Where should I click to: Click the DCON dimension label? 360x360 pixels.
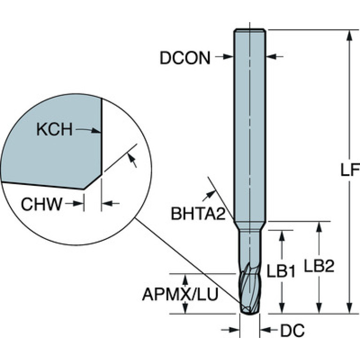185,58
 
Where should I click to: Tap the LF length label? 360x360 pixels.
350,170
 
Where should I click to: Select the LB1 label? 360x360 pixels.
281,271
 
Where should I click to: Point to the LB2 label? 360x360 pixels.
319,266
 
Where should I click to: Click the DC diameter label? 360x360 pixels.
292,331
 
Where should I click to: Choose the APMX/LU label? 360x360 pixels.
180,294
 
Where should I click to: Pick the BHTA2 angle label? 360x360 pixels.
199,214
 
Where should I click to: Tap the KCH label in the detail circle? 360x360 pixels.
54,129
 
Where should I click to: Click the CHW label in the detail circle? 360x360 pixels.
42,204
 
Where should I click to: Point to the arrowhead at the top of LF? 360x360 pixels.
349,35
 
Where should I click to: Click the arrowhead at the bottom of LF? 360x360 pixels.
349,307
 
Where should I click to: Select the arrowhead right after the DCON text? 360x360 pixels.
228,56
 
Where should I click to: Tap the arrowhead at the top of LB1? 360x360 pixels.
282,236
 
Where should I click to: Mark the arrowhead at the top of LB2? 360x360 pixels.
319,227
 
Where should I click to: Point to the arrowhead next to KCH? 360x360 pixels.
96,130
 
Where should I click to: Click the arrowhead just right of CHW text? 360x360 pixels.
78,203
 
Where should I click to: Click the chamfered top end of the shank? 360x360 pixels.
250,31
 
